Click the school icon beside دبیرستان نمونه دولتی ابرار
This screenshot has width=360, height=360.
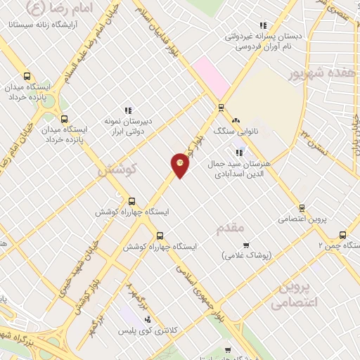128,110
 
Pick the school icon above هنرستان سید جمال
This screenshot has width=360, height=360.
239,152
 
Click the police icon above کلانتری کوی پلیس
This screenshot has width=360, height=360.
147,319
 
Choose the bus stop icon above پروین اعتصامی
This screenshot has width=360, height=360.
302,208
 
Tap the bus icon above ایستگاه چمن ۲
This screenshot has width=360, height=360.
342,235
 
